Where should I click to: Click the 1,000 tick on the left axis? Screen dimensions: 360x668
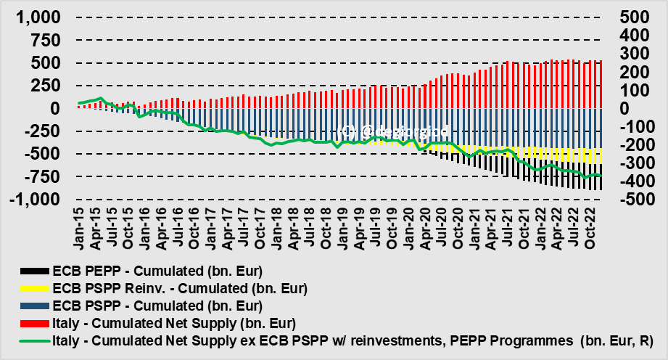pos(34,18)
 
